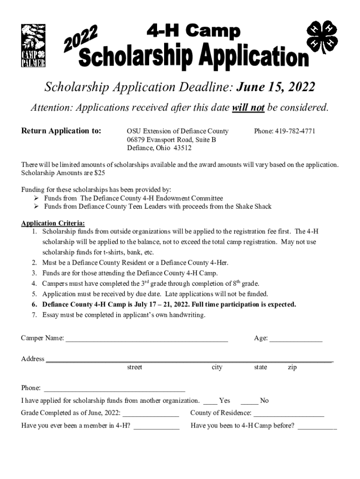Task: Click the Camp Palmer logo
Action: coord(33,46)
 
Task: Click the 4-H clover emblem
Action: coord(322,37)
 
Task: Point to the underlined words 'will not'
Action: coord(248,108)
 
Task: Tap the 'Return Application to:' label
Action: coord(61,131)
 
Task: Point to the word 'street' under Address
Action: coord(135,367)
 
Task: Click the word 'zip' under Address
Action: coord(292,367)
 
